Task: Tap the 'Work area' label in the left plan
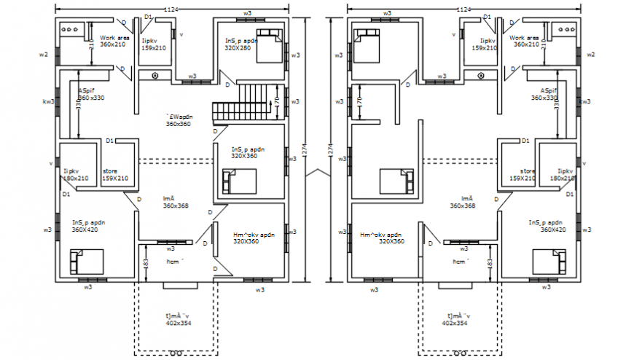coord(114,37)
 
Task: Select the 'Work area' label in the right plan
coord(524,37)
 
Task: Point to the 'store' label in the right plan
coord(518,172)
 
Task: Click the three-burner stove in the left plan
coord(71,30)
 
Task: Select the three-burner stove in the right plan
coord(563,30)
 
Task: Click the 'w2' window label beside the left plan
coord(43,55)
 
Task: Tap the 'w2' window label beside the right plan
coord(591,55)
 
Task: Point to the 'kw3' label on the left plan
coord(47,102)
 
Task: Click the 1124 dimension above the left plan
coord(172,9)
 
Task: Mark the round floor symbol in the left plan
coord(155,75)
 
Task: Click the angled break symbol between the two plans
coord(317,174)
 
